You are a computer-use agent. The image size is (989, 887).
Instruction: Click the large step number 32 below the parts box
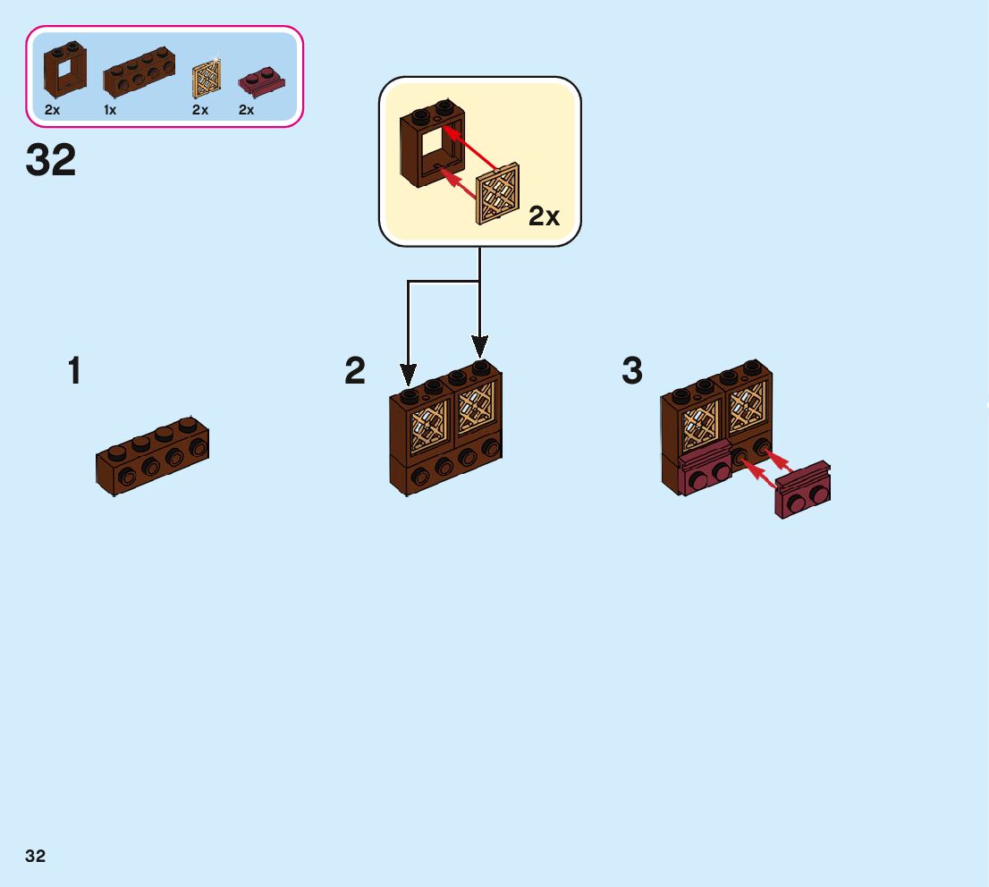51,161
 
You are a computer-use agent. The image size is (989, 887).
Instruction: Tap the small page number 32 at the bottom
36,856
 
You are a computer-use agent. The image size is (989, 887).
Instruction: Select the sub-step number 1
74,371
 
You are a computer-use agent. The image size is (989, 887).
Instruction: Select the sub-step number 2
355,371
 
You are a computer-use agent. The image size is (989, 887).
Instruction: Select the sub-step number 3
632,371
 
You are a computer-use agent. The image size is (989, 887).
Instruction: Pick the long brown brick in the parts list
139,72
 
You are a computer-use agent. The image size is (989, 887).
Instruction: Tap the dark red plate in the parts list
260,84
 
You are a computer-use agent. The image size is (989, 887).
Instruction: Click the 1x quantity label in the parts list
110,110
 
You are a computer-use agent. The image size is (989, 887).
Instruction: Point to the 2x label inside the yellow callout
544,216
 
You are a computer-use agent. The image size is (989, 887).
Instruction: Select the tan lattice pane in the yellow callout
499,194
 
